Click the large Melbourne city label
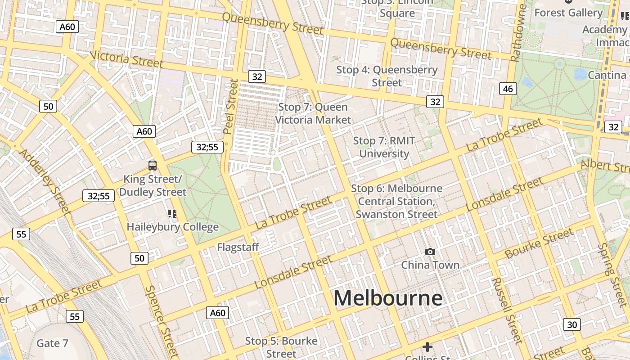(x=388, y=298)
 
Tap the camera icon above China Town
(x=430, y=252)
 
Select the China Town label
(x=430, y=265)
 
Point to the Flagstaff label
(x=238, y=247)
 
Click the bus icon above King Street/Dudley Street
(x=153, y=165)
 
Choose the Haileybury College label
(x=172, y=227)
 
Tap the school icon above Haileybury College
(x=172, y=213)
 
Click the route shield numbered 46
(x=508, y=89)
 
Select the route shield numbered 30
(x=571, y=324)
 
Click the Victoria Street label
(x=126, y=59)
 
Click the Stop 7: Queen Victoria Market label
(x=313, y=113)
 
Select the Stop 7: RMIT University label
(x=384, y=147)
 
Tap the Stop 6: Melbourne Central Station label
(x=396, y=201)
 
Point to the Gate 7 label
(x=52, y=343)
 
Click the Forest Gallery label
(x=568, y=13)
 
